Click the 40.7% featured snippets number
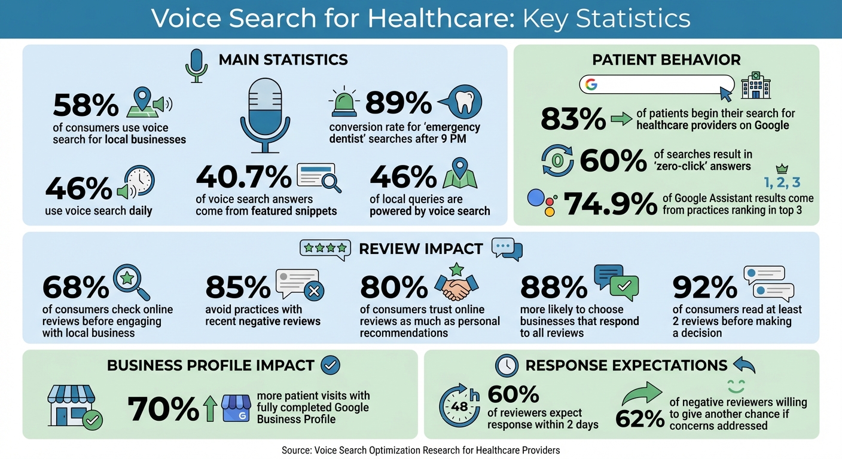243,178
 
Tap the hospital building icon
756,85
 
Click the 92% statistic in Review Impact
704,288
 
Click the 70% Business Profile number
163,409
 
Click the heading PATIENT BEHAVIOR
666,60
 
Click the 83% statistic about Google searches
573,118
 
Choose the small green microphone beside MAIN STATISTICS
196,65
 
